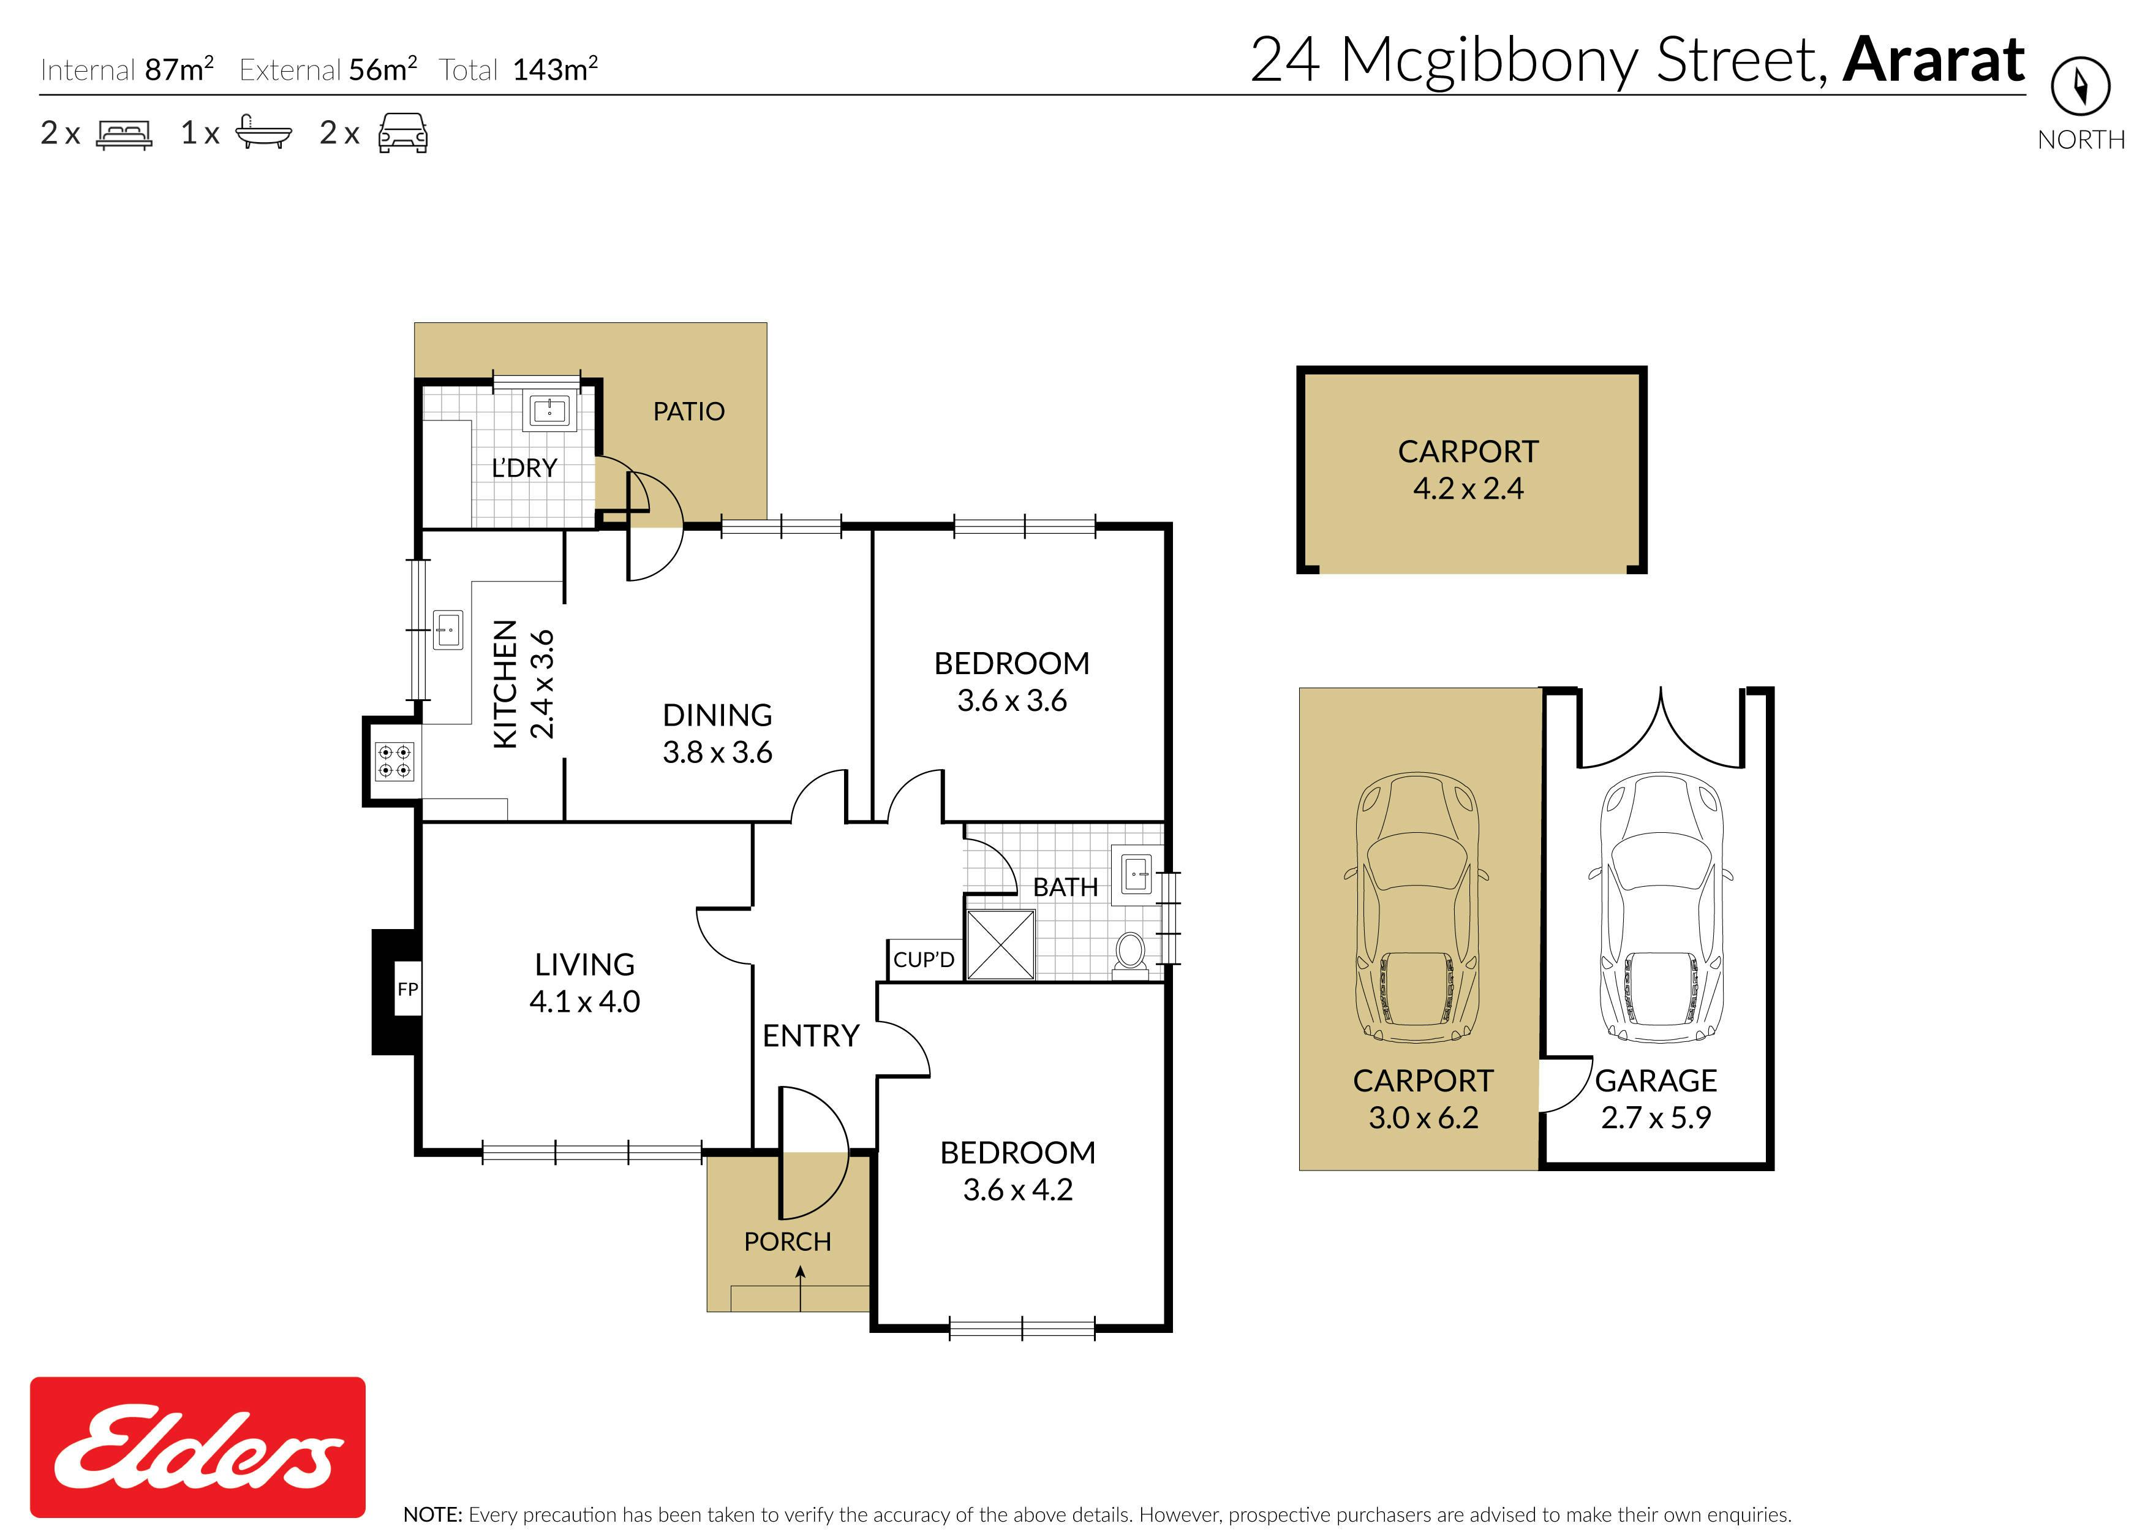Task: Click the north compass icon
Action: [x=2080, y=86]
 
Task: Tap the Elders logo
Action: [x=198, y=1447]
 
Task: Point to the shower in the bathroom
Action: [x=1000, y=944]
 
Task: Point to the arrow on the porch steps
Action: [x=801, y=1288]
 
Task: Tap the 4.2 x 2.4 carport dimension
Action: [x=1468, y=488]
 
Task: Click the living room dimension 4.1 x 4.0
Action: [x=584, y=1001]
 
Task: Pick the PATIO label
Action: [x=688, y=412]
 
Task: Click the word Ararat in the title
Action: [x=1934, y=59]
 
